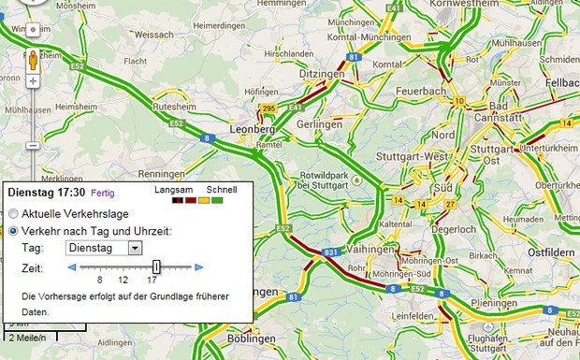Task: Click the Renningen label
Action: tap(162, 175)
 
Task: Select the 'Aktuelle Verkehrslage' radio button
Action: tap(13, 213)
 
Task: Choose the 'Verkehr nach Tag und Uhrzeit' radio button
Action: tap(13, 230)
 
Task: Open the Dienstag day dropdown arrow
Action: tap(134, 248)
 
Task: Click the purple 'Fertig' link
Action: tap(103, 192)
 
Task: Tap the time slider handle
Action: tap(156, 267)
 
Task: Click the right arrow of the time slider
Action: tap(198, 267)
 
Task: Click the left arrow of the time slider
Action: tap(72, 267)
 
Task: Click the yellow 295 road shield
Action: tap(269, 109)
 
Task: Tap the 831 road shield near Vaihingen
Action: tap(330, 252)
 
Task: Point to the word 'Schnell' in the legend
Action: tap(222, 190)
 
